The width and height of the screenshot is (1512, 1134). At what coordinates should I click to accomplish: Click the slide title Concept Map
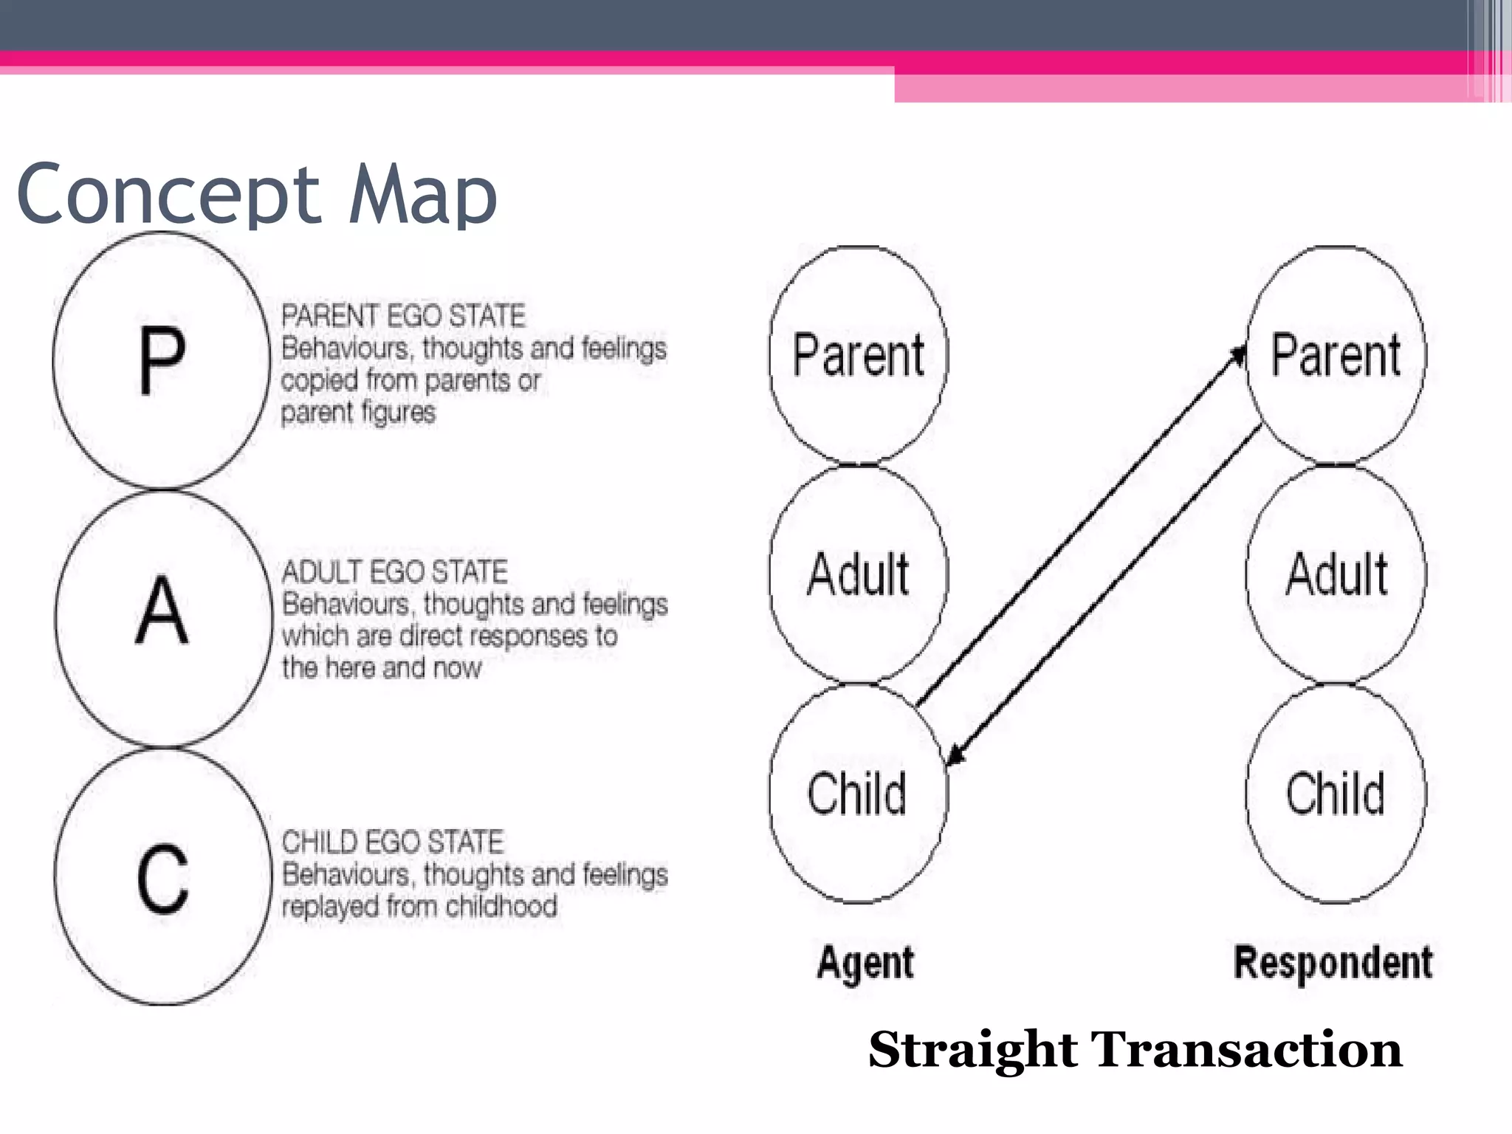click(256, 193)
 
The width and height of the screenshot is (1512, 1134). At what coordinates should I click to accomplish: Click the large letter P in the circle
click(162, 360)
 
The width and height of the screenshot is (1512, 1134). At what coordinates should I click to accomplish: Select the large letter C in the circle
click(162, 879)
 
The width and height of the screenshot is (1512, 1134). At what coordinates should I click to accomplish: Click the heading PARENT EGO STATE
click(403, 316)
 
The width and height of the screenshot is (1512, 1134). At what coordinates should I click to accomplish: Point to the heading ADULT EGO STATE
click(394, 572)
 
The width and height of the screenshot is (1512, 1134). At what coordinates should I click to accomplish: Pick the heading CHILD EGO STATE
click(392, 842)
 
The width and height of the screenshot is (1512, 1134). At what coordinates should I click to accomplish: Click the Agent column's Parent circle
click(858, 355)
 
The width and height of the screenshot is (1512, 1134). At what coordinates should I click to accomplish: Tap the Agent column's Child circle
click(857, 794)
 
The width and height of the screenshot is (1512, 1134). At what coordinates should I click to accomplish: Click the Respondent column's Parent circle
click(1336, 355)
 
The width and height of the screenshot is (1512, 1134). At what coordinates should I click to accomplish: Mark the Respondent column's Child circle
click(1336, 794)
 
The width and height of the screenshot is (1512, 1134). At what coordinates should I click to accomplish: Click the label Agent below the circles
click(865, 963)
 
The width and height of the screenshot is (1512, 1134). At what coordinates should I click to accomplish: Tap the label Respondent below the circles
click(1333, 963)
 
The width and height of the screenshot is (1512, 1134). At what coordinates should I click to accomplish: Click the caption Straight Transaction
click(1135, 1050)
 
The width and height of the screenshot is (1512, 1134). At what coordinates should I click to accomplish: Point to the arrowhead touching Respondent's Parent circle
click(1238, 355)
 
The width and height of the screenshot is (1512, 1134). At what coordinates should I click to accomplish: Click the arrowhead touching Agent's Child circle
click(955, 756)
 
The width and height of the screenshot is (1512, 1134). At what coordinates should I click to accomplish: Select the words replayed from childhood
click(419, 907)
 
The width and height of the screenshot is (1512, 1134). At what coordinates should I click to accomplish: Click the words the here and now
click(381, 668)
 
